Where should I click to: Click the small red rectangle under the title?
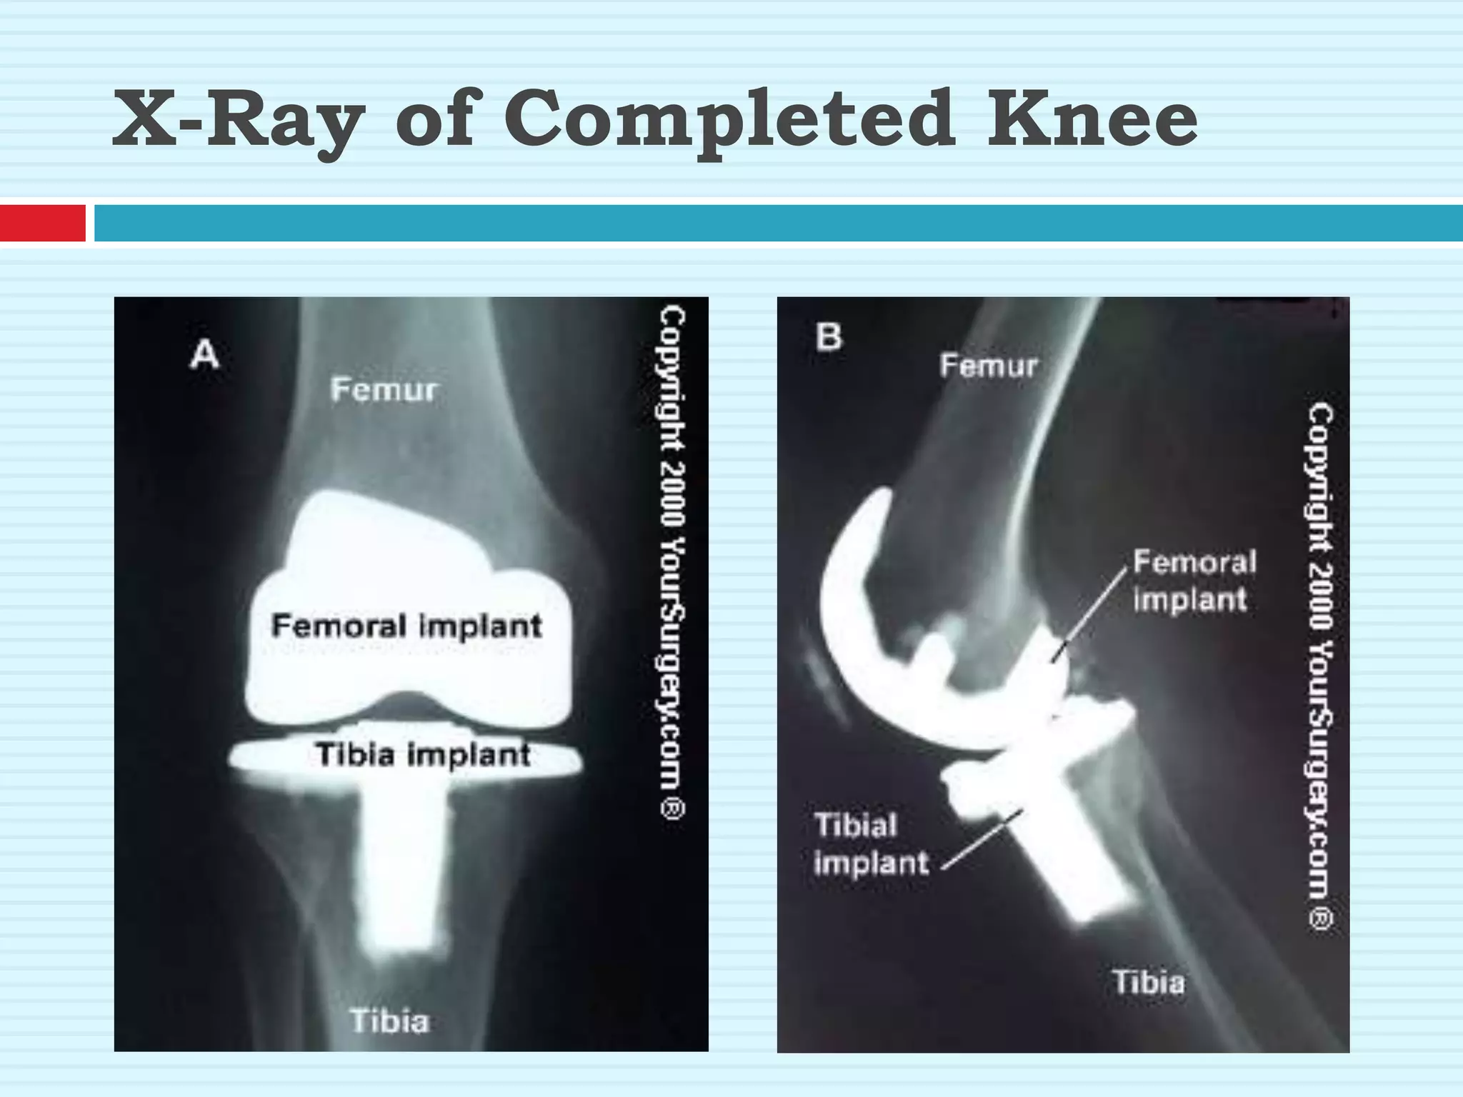42,223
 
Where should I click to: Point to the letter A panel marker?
204,355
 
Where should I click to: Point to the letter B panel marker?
829,336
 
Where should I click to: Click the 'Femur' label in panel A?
384,390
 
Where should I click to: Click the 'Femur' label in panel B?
989,366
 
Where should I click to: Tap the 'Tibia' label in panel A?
389,1021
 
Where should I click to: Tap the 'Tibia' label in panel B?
1148,982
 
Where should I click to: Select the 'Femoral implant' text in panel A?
406,626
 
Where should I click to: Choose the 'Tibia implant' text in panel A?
423,755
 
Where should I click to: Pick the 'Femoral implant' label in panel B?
1194,581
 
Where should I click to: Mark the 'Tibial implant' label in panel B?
870,844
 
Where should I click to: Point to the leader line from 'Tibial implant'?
982,839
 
